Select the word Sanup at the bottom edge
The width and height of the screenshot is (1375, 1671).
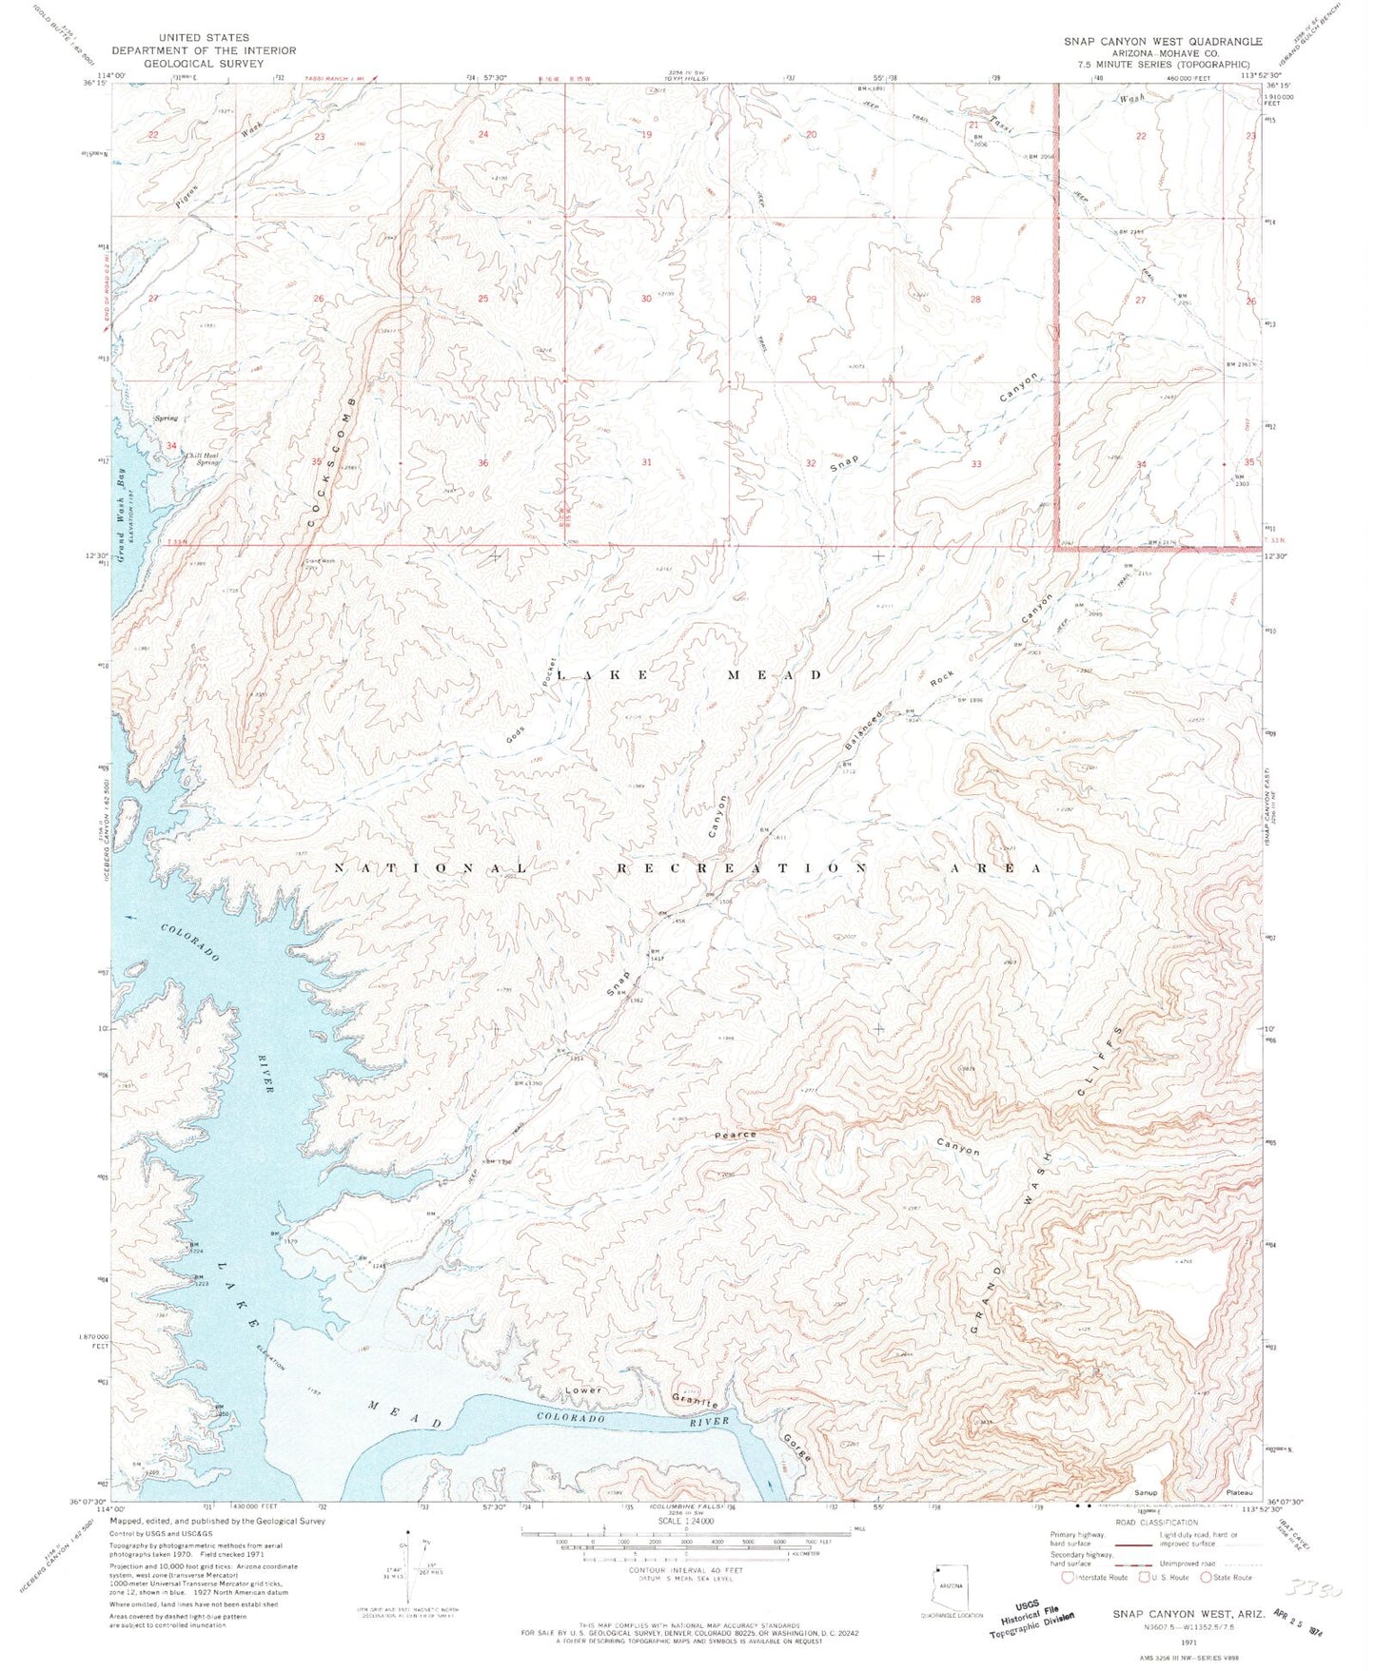(x=1145, y=1492)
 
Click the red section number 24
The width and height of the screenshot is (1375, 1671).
(x=483, y=135)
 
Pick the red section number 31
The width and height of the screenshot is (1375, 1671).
(x=647, y=463)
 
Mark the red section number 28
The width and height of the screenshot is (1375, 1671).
(x=975, y=300)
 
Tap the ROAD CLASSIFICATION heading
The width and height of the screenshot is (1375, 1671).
(x=1153, y=1523)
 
